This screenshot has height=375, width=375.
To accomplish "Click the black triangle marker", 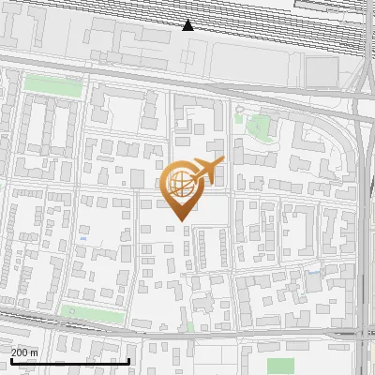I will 188,25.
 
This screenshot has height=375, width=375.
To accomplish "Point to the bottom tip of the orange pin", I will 179,221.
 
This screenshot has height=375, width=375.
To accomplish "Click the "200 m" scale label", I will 24,352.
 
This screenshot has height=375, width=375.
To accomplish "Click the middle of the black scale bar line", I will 69,361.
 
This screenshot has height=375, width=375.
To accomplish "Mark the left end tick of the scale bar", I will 10,360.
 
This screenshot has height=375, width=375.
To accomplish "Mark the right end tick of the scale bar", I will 128,360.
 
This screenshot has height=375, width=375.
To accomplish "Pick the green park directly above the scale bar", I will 92,314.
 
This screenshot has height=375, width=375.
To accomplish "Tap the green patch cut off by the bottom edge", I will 280,366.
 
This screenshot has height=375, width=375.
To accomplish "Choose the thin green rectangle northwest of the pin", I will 52,83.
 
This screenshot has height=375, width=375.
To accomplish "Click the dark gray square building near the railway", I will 321,71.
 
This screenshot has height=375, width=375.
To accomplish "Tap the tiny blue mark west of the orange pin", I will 83,238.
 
